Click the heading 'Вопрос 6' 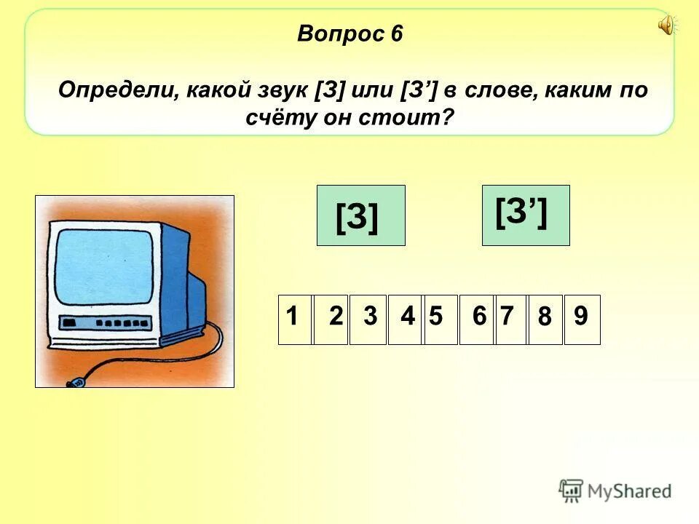tap(349, 34)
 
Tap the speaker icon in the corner tap(666, 26)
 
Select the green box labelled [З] tap(360, 215)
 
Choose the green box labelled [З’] tap(526, 215)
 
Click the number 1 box tap(294, 319)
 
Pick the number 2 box tap(331, 319)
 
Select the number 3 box tap(368, 319)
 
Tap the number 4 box tap(405, 319)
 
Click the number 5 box tap(440, 319)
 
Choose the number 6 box tap(476, 319)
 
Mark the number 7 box tap(510, 319)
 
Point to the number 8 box tap(545, 319)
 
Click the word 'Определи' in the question tap(118, 92)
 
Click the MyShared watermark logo tap(615, 491)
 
